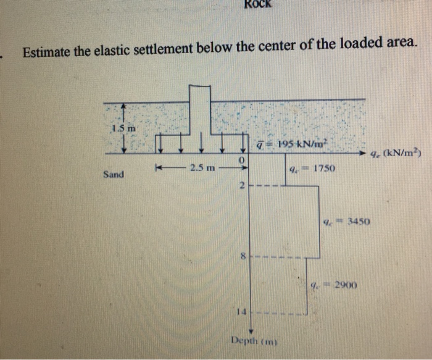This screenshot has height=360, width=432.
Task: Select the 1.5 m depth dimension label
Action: (x=123, y=128)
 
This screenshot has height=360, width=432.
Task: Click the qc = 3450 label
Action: (x=347, y=220)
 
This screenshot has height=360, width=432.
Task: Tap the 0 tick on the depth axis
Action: (x=243, y=161)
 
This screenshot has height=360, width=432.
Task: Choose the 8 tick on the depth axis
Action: (x=243, y=255)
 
